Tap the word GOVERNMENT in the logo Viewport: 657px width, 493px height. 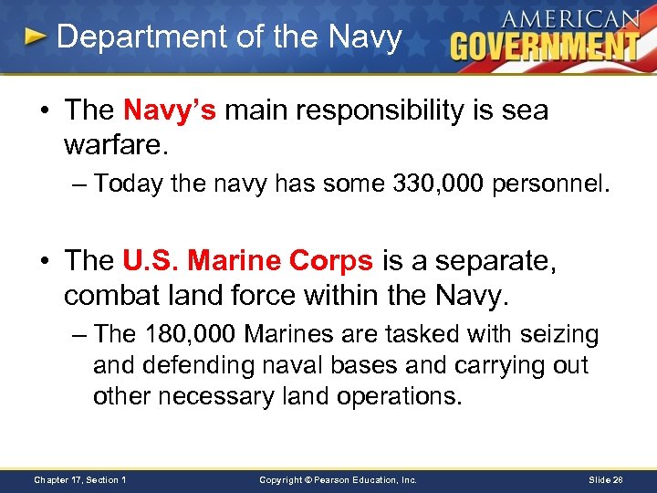tap(545, 46)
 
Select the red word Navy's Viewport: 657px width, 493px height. tap(169, 110)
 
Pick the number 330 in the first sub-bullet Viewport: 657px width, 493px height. tap(409, 184)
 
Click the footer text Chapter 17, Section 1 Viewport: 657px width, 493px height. tap(80, 479)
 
